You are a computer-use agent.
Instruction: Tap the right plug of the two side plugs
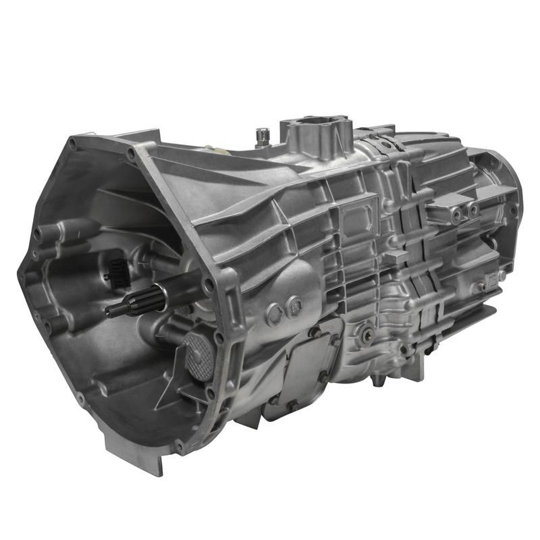click(x=294, y=307)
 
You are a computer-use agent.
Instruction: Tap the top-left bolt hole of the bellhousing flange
click(x=72, y=143)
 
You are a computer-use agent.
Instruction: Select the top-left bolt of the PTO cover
click(x=314, y=332)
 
